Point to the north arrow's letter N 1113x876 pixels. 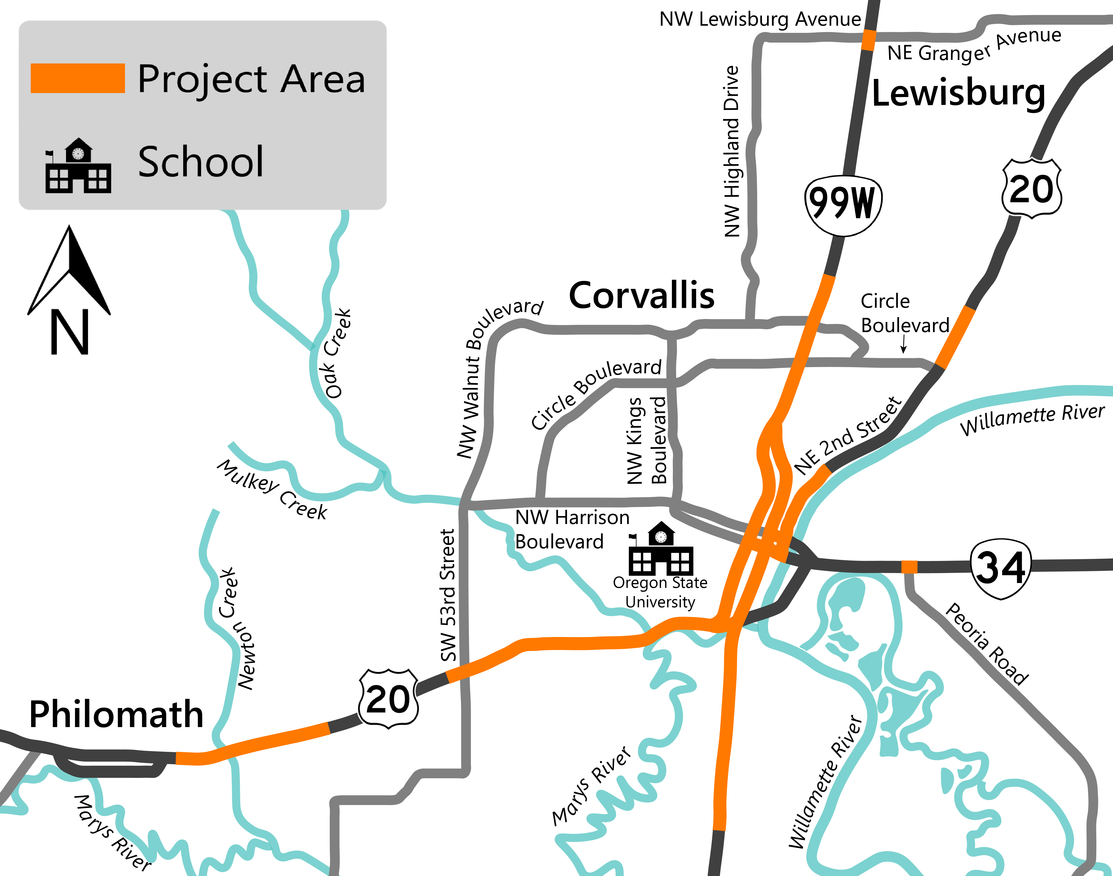[x=69, y=332]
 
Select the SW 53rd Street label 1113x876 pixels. [x=448, y=595]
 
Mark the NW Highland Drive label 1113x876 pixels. [x=732, y=151]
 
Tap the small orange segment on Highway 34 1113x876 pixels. [x=909, y=567]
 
